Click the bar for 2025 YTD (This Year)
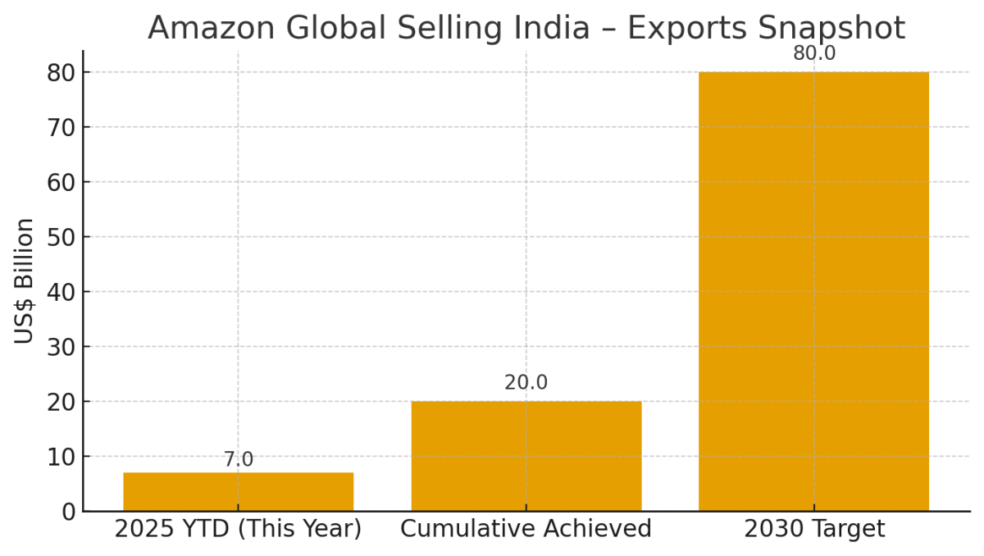click(238, 491)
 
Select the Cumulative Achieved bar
click(526, 455)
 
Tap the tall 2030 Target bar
click(813, 291)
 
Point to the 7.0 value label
click(238, 460)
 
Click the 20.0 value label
click(526, 383)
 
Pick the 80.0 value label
click(813, 54)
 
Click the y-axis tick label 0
click(68, 512)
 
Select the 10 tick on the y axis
click(61, 457)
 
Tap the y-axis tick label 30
click(61, 347)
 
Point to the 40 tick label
click(61, 292)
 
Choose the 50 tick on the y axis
click(61, 237)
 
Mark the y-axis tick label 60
click(61, 182)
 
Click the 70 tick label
click(61, 127)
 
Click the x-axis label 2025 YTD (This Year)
click(238, 530)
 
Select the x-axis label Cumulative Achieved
click(526, 530)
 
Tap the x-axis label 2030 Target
click(813, 530)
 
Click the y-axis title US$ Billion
click(25, 280)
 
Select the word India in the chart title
click(554, 29)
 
